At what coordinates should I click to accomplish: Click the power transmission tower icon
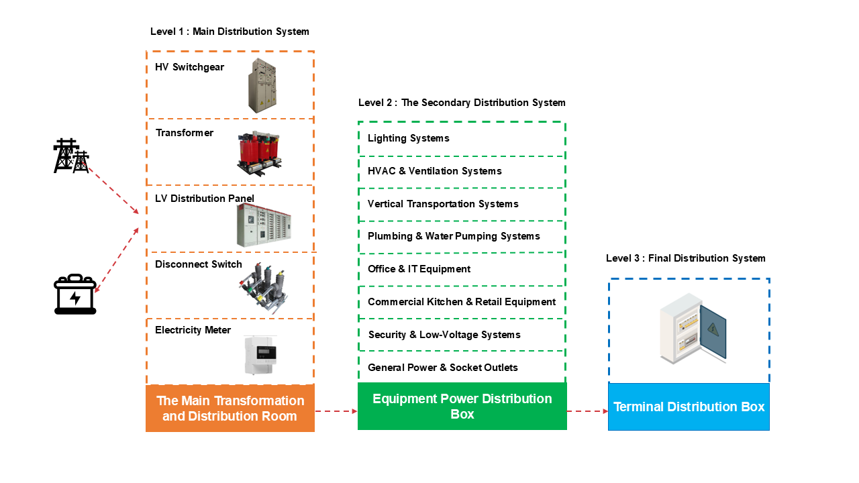click(x=71, y=156)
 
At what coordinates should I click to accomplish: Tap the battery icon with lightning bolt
click(x=75, y=294)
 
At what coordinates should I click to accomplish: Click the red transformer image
click(x=259, y=152)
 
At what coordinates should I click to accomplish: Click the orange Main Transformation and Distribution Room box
click(x=230, y=409)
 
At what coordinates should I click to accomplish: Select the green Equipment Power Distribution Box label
click(x=462, y=406)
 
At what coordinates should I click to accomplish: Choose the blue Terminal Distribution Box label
click(x=689, y=407)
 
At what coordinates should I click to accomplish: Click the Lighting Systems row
click(x=409, y=138)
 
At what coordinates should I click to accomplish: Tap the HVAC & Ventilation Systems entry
click(x=435, y=171)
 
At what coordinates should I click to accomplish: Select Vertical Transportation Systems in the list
click(x=443, y=204)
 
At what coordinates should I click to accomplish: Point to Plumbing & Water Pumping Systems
click(x=454, y=236)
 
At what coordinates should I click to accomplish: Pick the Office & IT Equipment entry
click(x=419, y=269)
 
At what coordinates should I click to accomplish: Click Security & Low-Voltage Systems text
click(x=444, y=335)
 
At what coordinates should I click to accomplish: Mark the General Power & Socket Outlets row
click(x=443, y=368)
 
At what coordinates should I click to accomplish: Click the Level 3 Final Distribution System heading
click(x=685, y=258)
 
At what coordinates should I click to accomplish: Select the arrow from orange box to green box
click(x=336, y=411)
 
